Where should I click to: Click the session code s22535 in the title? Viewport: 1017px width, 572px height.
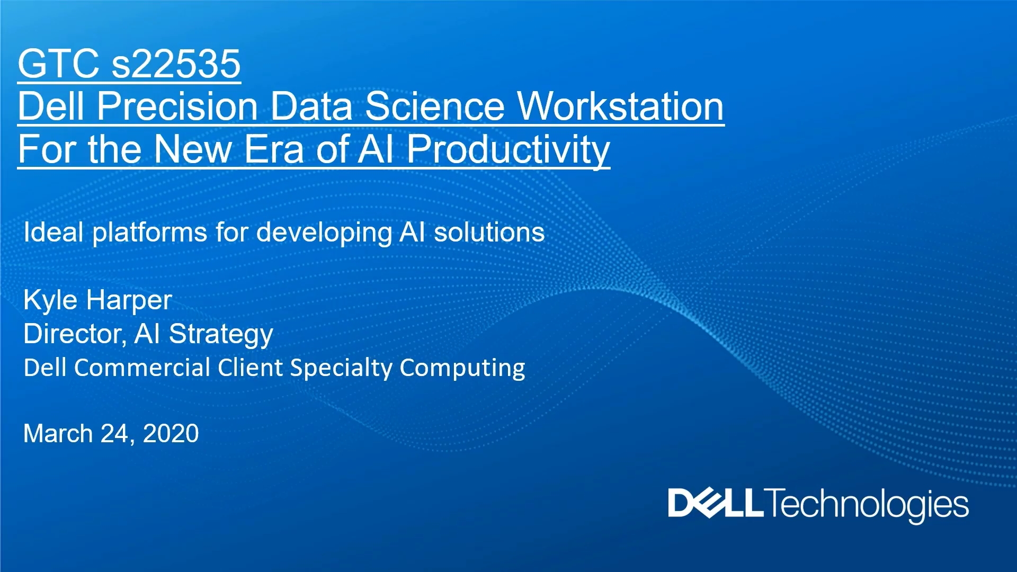tap(176, 64)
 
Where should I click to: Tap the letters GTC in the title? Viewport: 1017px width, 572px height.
tap(59, 64)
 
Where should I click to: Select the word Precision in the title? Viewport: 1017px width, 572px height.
tap(177, 106)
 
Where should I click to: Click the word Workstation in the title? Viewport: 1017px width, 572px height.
tap(620, 106)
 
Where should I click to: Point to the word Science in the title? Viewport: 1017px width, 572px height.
tap(435, 106)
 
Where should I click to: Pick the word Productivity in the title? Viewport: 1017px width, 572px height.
tap(508, 150)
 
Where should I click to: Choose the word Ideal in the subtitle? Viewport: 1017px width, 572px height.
tap(53, 232)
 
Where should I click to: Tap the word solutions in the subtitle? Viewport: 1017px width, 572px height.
tap(489, 232)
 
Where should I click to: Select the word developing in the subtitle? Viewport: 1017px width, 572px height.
tap(324, 233)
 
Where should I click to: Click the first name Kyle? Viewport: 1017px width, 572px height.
tap(50, 300)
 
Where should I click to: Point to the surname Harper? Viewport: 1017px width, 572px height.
tap(129, 300)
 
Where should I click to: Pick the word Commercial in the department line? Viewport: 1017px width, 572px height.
tap(142, 368)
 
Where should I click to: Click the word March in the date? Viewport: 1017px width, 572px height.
tap(58, 434)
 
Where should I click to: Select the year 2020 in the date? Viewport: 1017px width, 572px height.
tap(171, 434)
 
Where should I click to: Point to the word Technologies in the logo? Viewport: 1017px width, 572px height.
tap(867, 505)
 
